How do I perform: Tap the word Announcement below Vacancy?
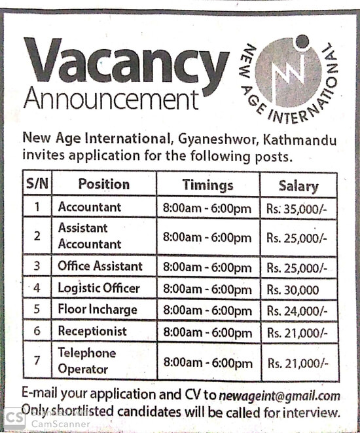click(110, 100)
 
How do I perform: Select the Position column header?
click(103, 184)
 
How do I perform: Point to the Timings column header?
click(207, 185)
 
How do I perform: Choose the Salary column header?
click(298, 185)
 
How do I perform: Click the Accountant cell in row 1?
click(90, 207)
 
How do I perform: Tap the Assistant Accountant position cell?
click(90, 236)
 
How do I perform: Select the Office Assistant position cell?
click(99, 266)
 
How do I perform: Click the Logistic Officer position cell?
click(98, 288)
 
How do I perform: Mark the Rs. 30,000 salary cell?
click(293, 289)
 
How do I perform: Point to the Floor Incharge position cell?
click(98, 309)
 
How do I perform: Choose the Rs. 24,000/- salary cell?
click(297, 311)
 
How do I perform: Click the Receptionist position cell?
click(92, 331)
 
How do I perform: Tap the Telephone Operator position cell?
click(86, 361)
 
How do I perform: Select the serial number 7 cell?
click(38, 361)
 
